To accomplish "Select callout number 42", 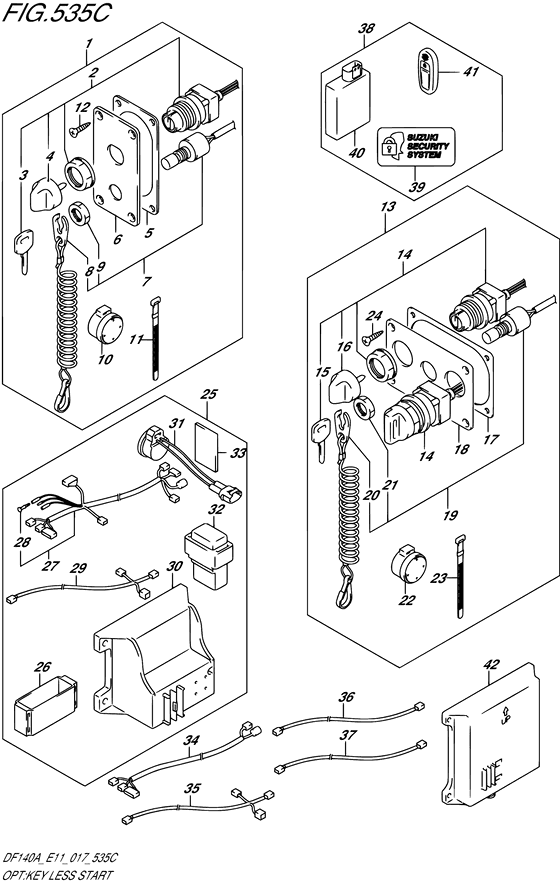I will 489,665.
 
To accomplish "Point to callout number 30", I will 175,566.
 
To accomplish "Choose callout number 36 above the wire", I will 346,698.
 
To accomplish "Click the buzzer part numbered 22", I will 408,567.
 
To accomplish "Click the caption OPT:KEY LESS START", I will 60,876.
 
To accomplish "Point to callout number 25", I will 209,395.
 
